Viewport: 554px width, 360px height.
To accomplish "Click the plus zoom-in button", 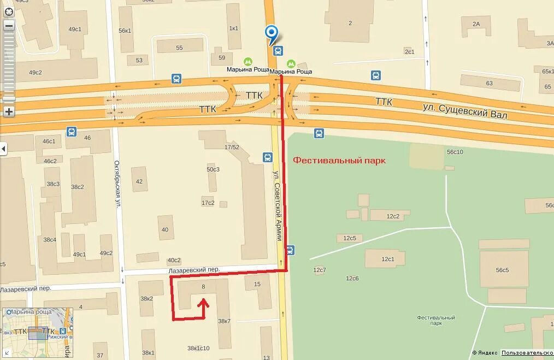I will click(x=9, y=112).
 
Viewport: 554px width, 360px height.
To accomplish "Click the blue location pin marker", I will click(x=272, y=33).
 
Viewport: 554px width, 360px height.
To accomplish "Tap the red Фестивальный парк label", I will click(x=339, y=161).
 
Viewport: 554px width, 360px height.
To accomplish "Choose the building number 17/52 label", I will click(x=232, y=147).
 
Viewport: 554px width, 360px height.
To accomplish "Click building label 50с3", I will click(x=213, y=169).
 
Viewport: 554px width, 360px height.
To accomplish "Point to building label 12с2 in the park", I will click(x=393, y=216).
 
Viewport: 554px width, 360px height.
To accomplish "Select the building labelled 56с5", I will click(x=502, y=270).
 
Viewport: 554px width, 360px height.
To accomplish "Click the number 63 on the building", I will click(x=489, y=84).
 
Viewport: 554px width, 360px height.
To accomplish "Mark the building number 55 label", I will click(x=179, y=48).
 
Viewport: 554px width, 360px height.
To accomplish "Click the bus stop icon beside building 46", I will click(x=72, y=131).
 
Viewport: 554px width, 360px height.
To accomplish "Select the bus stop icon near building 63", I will click(x=375, y=75).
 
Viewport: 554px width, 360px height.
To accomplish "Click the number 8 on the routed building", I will click(x=203, y=286).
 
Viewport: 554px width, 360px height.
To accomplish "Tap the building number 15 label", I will click(x=257, y=284).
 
